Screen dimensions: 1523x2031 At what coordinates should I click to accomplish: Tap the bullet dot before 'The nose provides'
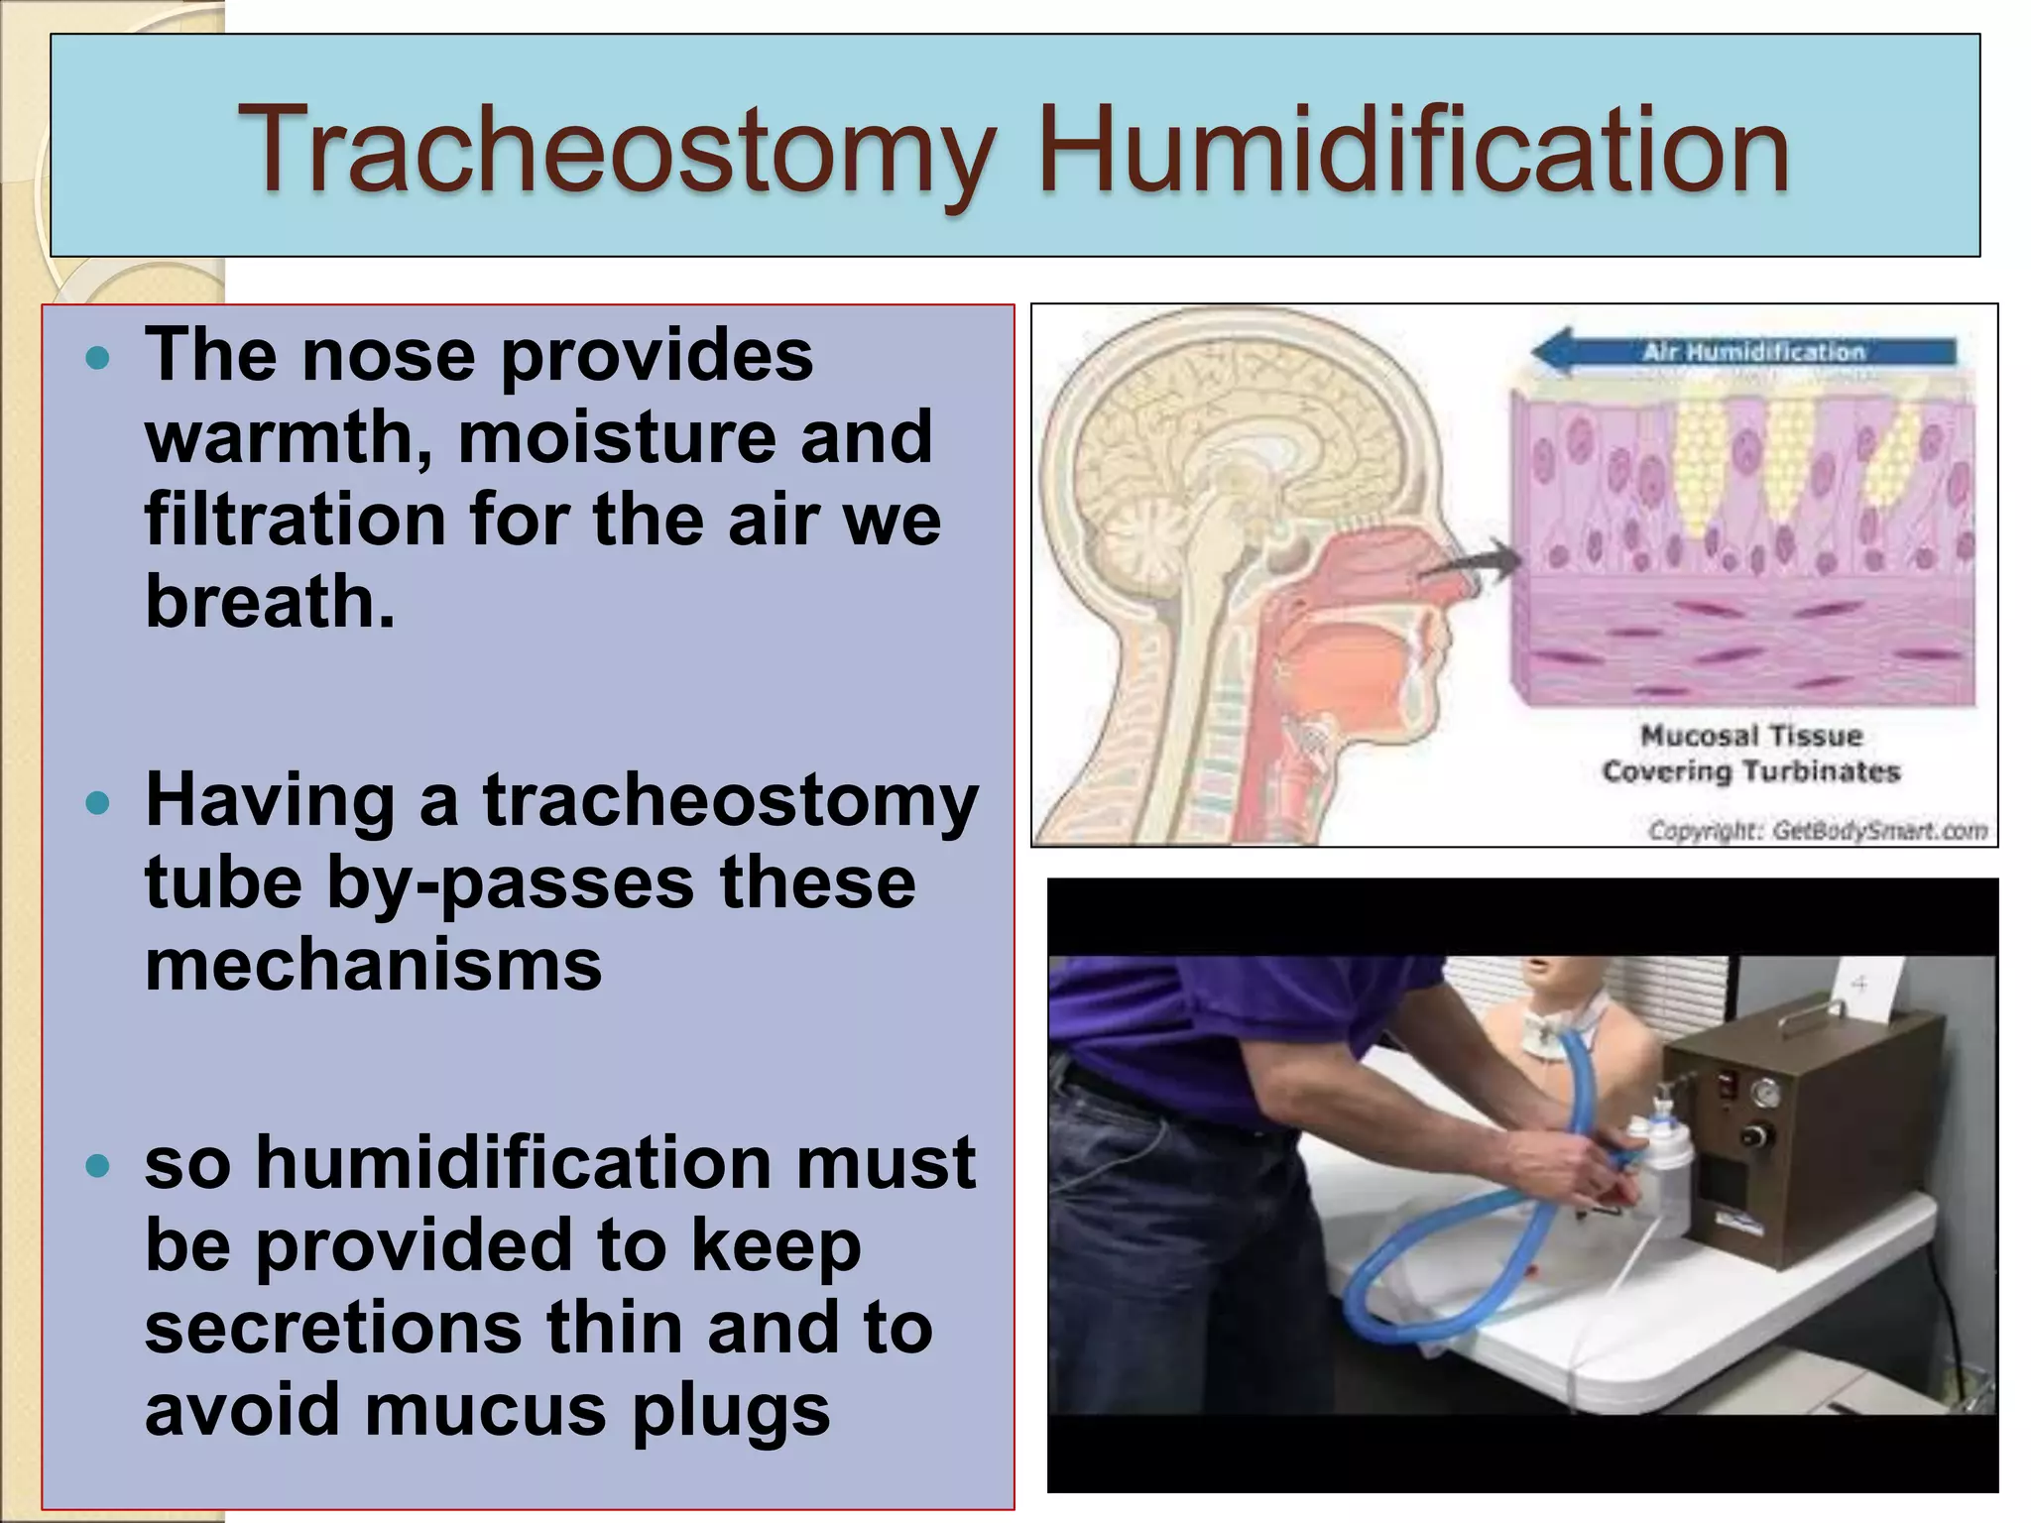pos(97,358)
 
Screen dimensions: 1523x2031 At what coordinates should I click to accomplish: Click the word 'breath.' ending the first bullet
pos(270,601)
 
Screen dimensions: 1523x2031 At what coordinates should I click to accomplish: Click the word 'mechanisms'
pos(373,965)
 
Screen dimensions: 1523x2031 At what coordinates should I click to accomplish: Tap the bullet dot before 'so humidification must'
pos(97,1165)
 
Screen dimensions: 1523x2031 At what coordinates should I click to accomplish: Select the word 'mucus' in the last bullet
pos(485,1409)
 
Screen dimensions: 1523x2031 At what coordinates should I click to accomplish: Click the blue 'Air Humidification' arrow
pos(1745,352)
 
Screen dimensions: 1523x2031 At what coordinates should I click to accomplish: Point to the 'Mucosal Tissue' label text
pos(1750,736)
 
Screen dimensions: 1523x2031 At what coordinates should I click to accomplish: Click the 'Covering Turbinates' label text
pos(1750,771)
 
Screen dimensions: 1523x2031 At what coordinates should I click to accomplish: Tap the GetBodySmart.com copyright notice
pos(1817,830)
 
